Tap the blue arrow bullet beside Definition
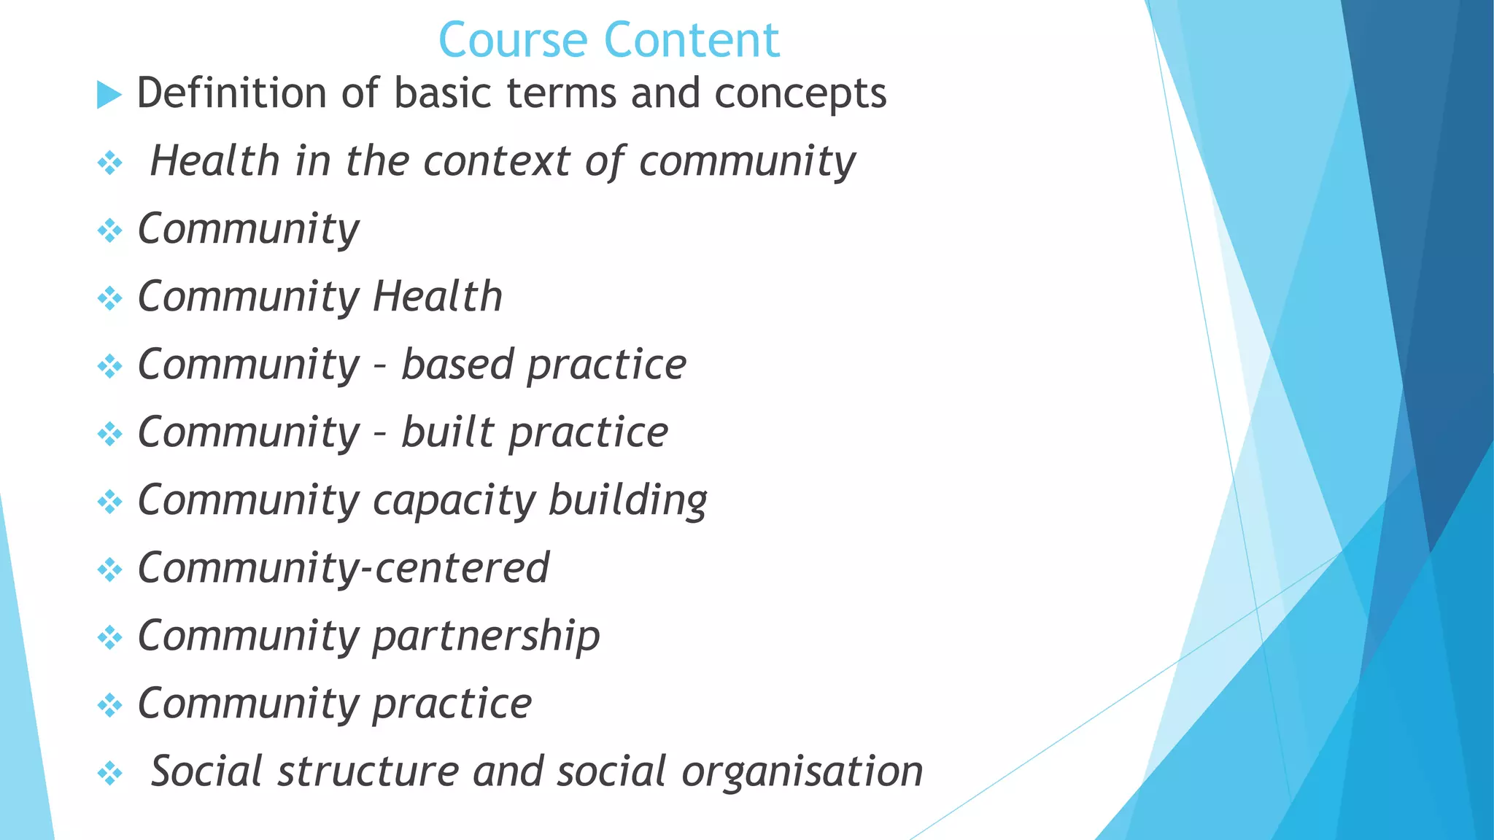tap(109, 95)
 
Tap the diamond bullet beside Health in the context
tap(110, 163)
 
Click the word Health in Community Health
tap(438, 297)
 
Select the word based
tap(457, 365)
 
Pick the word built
tap(447, 432)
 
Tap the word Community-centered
tap(344, 568)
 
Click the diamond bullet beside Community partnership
tap(110, 637)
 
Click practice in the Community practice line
tap(452, 704)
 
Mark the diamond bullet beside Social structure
tap(110, 773)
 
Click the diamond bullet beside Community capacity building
tap(110, 502)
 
